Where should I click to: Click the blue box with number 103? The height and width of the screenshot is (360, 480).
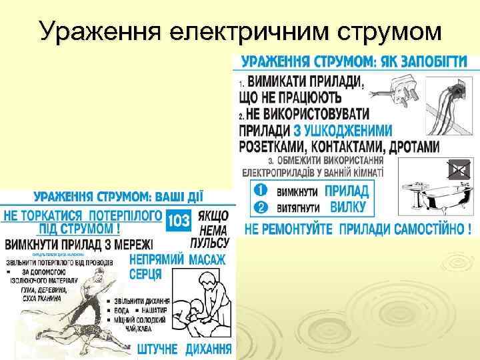point(179,221)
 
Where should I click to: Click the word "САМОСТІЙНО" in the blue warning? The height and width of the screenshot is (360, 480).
point(431,229)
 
